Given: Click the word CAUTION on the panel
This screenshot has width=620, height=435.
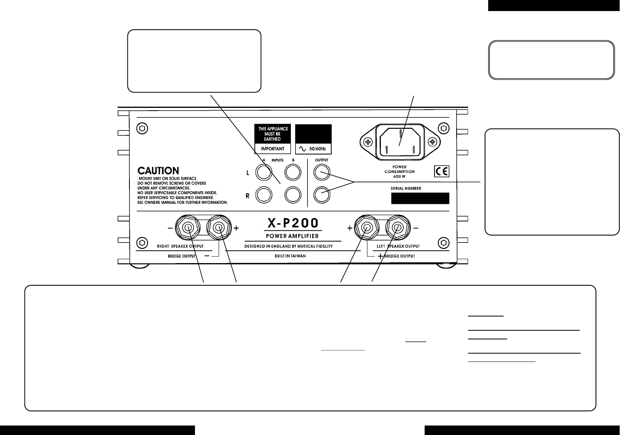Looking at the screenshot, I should [x=158, y=171].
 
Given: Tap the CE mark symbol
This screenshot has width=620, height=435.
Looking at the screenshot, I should [x=441, y=171].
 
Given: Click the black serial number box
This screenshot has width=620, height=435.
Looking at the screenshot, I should [x=420, y=198].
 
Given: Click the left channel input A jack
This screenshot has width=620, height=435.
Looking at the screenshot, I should [x=263, y=172].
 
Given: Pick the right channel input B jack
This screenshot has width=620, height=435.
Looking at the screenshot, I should [x=293, y=194].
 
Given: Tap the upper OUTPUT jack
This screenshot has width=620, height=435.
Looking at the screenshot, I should [x=322, y=172].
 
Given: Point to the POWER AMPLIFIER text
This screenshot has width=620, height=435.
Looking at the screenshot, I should [x=293, y=236].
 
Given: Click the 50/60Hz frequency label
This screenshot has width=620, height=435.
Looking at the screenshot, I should [x=313, y=149].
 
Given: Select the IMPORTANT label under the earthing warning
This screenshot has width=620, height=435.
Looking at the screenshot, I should [x=272, y=149].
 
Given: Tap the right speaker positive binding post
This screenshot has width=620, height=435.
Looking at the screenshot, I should [x=218, y=228].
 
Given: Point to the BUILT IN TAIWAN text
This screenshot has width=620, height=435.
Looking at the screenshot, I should [x=290, y=256].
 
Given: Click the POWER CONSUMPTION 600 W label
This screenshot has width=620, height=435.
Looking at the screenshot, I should [x=399, y=172].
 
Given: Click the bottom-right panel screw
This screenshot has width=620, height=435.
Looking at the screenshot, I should [x=443, y=242].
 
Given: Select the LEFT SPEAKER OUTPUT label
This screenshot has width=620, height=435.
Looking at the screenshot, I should [x=398, y=246].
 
